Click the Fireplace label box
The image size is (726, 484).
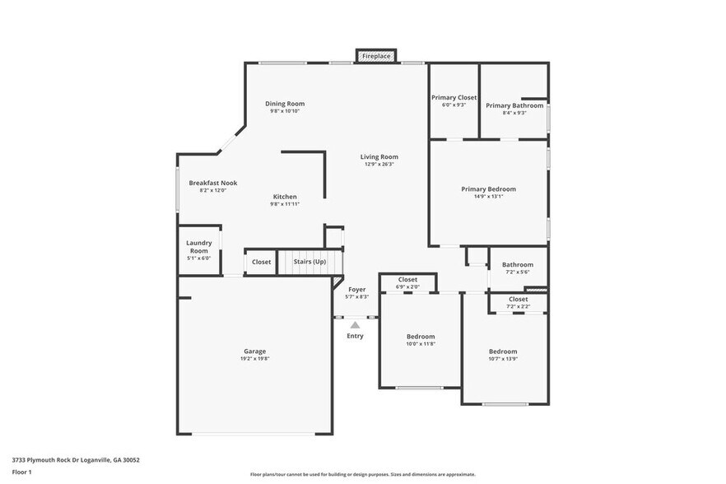(377, 56)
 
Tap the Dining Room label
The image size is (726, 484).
(285, 104)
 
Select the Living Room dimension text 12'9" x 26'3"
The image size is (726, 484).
(379, 164)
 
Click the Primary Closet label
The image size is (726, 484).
(454, 98)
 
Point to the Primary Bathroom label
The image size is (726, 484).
(514, 105)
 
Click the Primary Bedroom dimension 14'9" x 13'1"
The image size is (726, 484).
(488, 197)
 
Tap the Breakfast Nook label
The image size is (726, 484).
(212, 183)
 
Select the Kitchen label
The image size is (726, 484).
(285, 197)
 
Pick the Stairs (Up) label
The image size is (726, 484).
(309, 262)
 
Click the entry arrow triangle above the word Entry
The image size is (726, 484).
(355, 326)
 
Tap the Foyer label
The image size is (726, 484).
(356, 290)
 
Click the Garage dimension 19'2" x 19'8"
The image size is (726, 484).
(254, 359)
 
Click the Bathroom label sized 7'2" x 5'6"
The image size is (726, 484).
(518, 268)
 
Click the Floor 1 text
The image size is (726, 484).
(21, 472)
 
